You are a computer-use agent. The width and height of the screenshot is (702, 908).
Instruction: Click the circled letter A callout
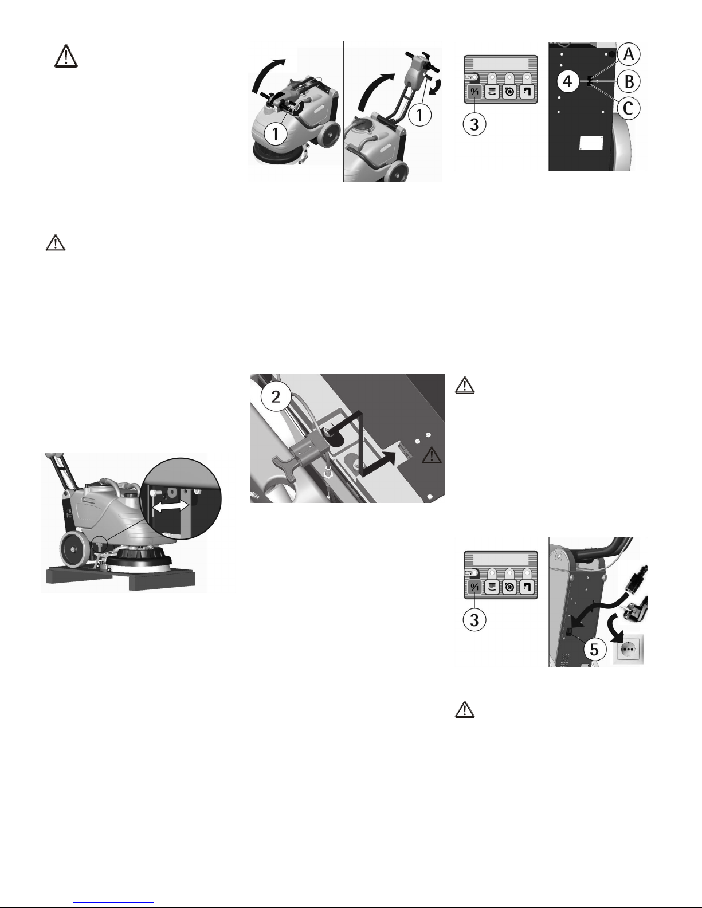pyautogui.click(x=629, y=54)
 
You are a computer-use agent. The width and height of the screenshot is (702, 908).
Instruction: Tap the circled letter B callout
pyautogui.click(x=629, y=81)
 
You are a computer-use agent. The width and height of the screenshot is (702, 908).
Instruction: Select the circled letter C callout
pyautogui.click(x=629, y=108)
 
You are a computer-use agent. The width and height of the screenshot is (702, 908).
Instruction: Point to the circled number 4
pyautogui.click(x=568, y=81)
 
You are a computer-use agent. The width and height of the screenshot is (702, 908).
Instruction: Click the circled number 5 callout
pyautogui.click(x=594, y=649)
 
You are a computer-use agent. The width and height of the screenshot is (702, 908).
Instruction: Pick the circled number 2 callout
pyautogui.click(x=276, y=396)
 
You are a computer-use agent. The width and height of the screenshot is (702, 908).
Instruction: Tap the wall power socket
pyautogui.click(x=628, y=649)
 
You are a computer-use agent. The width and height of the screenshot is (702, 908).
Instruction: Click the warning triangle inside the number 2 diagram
pyautogui.click(x=432, y=455)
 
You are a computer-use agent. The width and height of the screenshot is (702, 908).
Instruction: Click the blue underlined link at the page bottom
pyautogui.click(x=113, y=902)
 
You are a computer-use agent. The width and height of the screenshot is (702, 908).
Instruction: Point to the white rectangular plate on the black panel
pyautogui.click(x=590, y=143)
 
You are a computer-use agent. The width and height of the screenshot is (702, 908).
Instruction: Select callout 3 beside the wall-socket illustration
pyautogui.click(x=474, y=620)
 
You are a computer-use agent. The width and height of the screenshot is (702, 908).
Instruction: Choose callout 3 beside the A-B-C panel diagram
pyautogui.click(x=474, y=124)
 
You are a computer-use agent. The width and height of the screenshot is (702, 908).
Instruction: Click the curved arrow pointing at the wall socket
pyautogui.click(x=615, y=623)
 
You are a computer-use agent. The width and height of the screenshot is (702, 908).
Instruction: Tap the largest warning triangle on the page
pyautogui.click(x=66, y=56)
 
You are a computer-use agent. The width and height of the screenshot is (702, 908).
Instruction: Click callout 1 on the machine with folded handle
pyautogui.click(x=276, y=133)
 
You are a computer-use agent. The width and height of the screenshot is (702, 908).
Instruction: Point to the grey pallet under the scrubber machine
pyautogui.click(x=121, y=578)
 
